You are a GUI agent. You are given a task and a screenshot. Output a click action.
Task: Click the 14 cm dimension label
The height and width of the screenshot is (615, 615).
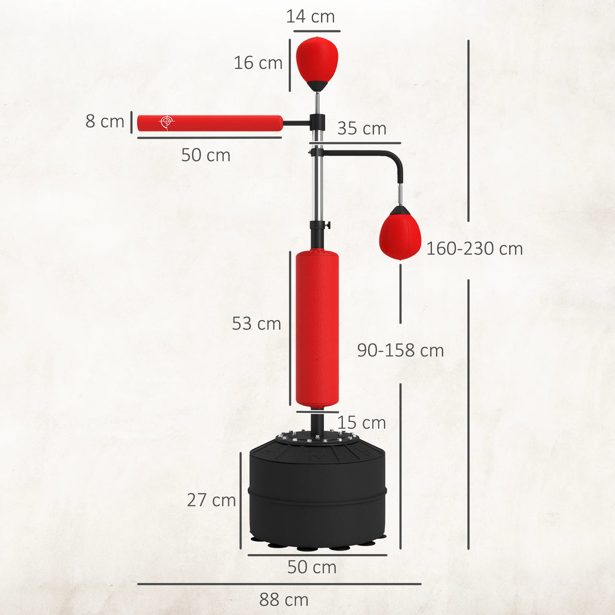pyautogui.click(x=310, y=17)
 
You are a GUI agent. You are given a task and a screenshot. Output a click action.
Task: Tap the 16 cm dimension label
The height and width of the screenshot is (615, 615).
pyautogui.click(x=258, y=63)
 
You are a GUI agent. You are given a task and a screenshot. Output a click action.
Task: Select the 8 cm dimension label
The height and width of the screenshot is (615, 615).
pyautogui.click(x=104, y=122)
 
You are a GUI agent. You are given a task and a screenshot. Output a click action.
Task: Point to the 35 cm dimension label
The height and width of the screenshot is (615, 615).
pyautogui.click(x=361, y=129)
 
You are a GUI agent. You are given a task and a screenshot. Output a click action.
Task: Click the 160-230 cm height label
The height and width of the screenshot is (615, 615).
pyautogui.click(x=474, y=249)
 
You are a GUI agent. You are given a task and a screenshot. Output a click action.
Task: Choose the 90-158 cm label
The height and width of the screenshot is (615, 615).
pyautogui.click(x=400, y=351)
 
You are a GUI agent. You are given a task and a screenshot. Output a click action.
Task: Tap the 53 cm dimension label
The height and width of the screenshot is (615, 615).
pyautogui.click(x=256, y=324)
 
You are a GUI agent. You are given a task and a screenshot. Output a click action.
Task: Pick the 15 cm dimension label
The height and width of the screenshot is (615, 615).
pyautogui.click(x=361, y=422)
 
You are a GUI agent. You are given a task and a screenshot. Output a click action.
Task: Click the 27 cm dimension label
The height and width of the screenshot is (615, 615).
pyautogui.click(x=211, y=500)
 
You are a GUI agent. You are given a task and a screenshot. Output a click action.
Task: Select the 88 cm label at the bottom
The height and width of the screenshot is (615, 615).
pyautogui.click(x=284, y=600)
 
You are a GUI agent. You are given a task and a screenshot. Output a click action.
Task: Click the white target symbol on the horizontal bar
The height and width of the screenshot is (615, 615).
pyautogui.click(x=166, y=122)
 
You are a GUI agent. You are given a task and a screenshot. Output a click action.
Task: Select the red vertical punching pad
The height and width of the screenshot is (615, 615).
pyautogui.click(x=317, y=329)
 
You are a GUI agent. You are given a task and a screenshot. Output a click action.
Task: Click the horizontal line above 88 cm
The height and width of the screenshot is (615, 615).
pyautogui.click(x=279, y=584)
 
